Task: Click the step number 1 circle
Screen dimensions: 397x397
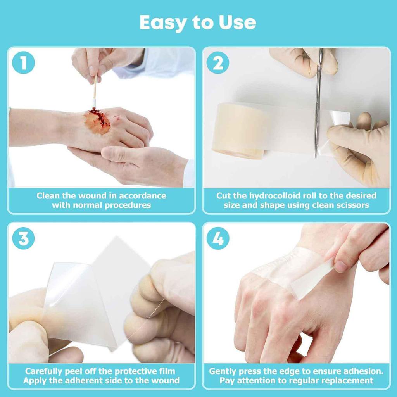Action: pyautogui.click(x=23, y=63)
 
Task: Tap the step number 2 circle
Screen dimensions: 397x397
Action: pyautogui.click(x=218, y=63)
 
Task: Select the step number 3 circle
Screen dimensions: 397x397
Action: pyautogui.click(x=23, y=238)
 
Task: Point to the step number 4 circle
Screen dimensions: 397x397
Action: pyautogui.click(x=218, y=238)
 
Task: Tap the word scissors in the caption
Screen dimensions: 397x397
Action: pyautogui.click(x=350, y=205)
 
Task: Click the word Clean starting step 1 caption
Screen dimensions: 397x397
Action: pyautogui.click(x=48, y=196)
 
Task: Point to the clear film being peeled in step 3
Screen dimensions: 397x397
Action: pyautogui.click(x=74, y=295)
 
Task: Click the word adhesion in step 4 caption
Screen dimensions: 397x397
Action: pyautogui.click(x=362, y=371)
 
